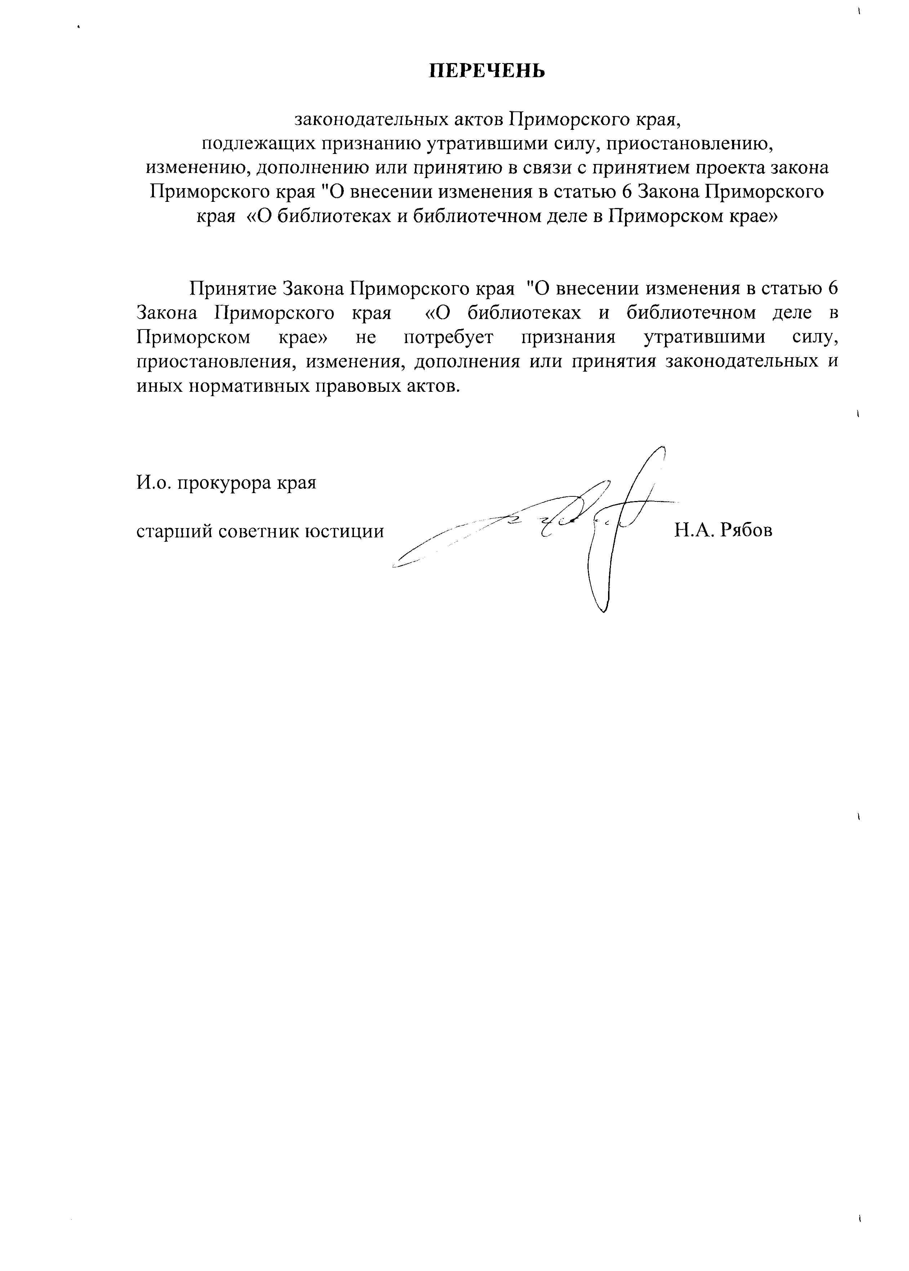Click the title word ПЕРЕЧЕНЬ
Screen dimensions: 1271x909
point(487,71)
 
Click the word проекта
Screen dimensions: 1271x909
point(735,168)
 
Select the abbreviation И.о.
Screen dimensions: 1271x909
point(154,482)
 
